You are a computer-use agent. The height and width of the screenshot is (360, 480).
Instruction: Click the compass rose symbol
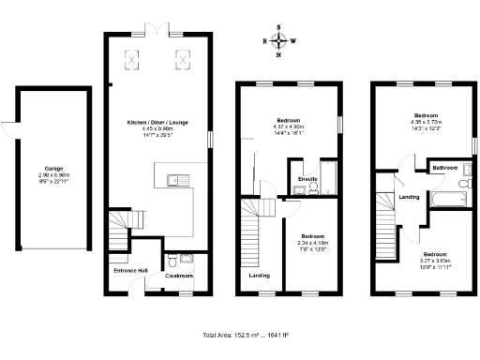[x=278, y=41]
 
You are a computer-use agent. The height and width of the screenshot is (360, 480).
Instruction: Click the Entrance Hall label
[x=130, y=270]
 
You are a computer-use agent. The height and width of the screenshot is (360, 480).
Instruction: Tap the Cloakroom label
[x=179, y=276]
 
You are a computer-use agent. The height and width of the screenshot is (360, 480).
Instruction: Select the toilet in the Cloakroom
[x=171, y=260]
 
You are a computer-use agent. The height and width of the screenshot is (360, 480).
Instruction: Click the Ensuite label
[x=307, y=178]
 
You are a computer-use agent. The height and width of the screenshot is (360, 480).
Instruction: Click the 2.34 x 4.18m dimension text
[x=312, y=243]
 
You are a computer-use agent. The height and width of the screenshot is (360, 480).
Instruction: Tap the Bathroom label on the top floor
[x=445, y=168]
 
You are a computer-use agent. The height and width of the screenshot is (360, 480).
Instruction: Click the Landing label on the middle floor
[x=259, y=276]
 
